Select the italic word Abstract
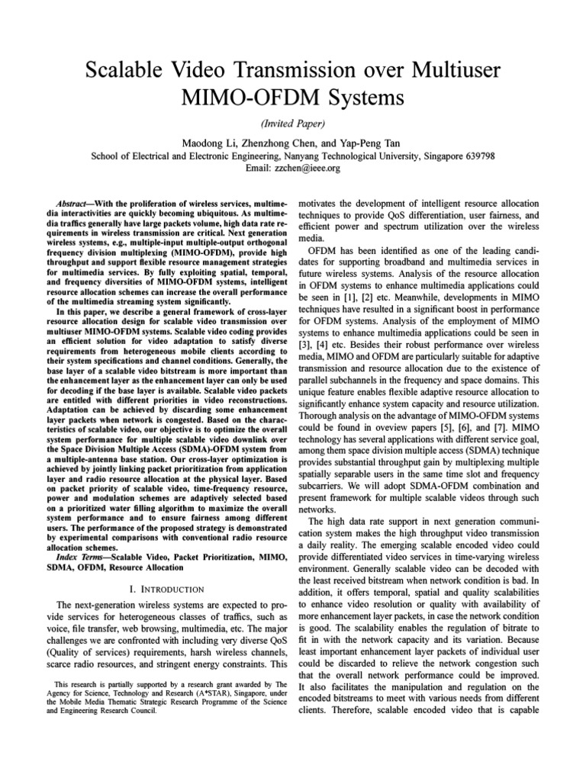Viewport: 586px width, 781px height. click(76, 205)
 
